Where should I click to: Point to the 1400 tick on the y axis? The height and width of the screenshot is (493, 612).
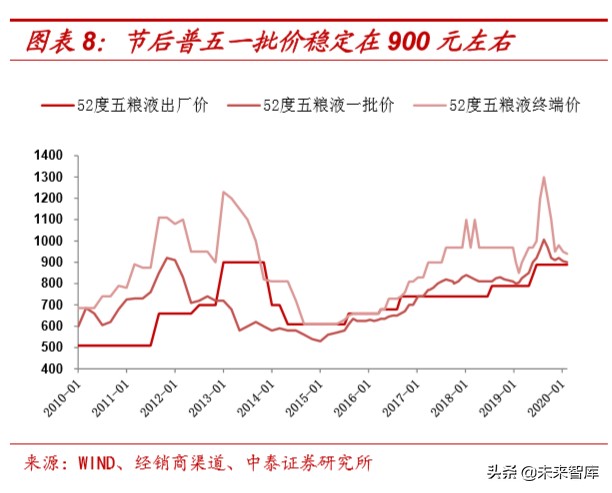47,156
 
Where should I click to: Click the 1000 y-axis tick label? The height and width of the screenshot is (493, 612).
47,241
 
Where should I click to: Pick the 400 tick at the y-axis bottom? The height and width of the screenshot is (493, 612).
50,369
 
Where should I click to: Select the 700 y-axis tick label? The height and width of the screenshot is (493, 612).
50,305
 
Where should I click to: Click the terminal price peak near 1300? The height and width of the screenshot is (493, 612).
543,178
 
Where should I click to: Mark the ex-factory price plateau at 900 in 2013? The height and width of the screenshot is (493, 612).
242,262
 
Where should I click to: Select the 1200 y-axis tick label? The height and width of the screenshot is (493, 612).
47,199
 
